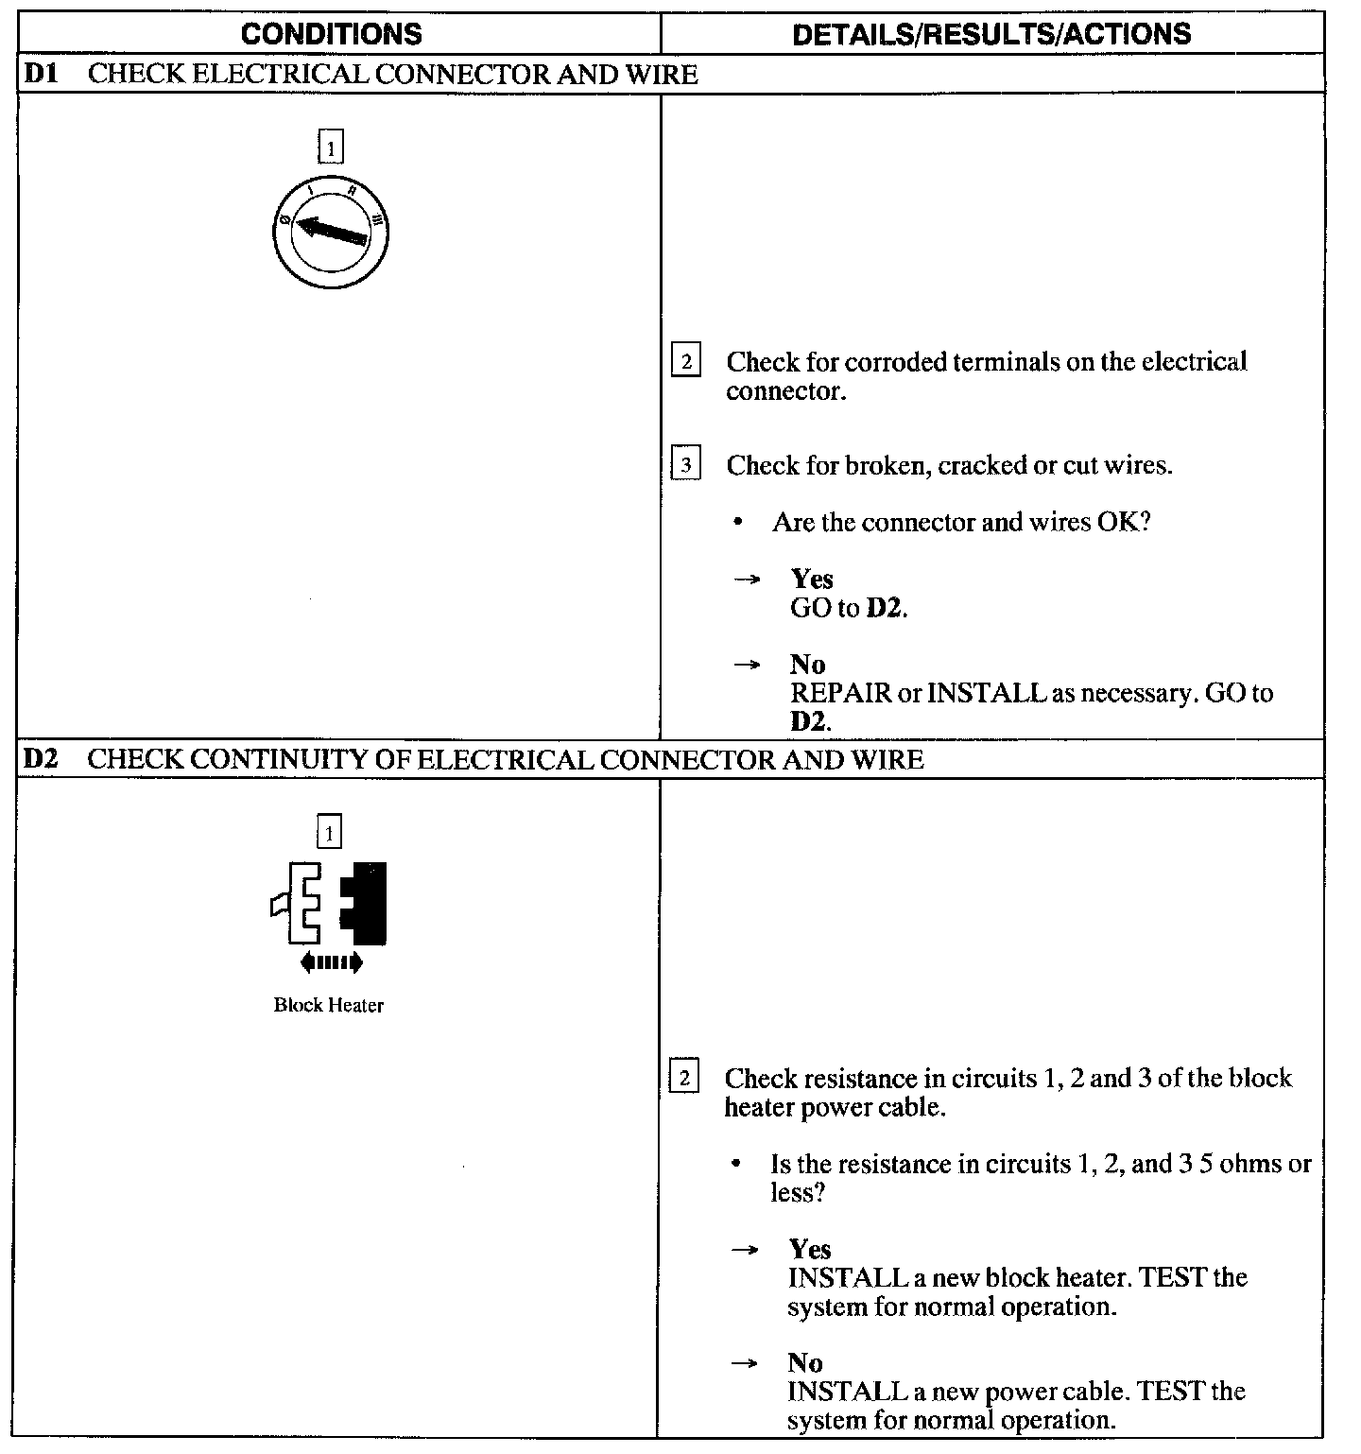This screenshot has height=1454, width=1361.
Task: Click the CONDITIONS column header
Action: [x=332, y=34]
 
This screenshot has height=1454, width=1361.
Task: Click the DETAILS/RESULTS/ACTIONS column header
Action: [x=991, y=34]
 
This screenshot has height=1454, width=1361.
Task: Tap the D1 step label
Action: [x=42, y=74]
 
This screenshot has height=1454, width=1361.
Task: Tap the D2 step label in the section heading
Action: [x=42, y=759]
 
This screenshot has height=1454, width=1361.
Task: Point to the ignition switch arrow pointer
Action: [x=331, y=230]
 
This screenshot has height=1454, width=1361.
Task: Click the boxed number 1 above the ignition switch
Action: [x=331, y=148]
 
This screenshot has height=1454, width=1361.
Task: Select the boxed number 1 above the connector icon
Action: [x=329, y=833]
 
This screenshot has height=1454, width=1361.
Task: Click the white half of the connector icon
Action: [x=301, y=903]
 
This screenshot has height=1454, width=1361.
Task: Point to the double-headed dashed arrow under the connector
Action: [x=331, y=963]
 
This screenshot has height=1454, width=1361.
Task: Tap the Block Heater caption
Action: [x=329, y=1005]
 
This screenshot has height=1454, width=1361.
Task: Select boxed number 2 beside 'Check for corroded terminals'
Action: [x=686, y=362]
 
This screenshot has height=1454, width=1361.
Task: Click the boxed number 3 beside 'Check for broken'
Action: [x=686, y=465]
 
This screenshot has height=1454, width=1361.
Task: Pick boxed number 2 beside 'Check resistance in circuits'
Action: [x=684, y=1079]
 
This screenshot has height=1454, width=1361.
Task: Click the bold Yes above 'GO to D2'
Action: [x=812, y=579]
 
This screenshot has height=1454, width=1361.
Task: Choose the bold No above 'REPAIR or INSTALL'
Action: [x=807, y=665]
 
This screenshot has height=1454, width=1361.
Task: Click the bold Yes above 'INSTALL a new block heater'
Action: [x=810, y=1249]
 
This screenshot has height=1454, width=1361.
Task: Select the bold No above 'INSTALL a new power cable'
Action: [x=805, y=1362]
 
